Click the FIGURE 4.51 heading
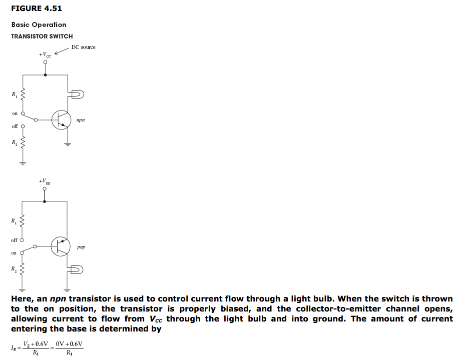(x=36, y=8)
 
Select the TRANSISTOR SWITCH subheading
(x=42, y=36)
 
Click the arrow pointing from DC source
(x=61, y=51)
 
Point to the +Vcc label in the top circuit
(x=45, y=54)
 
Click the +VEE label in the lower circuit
(x=45, y=181)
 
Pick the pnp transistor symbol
(x=61, y=246)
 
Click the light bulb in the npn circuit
(x=78, y=94)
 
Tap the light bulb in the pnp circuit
(x=78, y=270)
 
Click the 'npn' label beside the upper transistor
(x=81, y=120)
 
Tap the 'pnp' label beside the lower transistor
(x=82, y=247)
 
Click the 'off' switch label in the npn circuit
(x=15, y=126)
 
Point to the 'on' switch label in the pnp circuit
(x=15, y=253)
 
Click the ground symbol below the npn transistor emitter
(x=67, y=144)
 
